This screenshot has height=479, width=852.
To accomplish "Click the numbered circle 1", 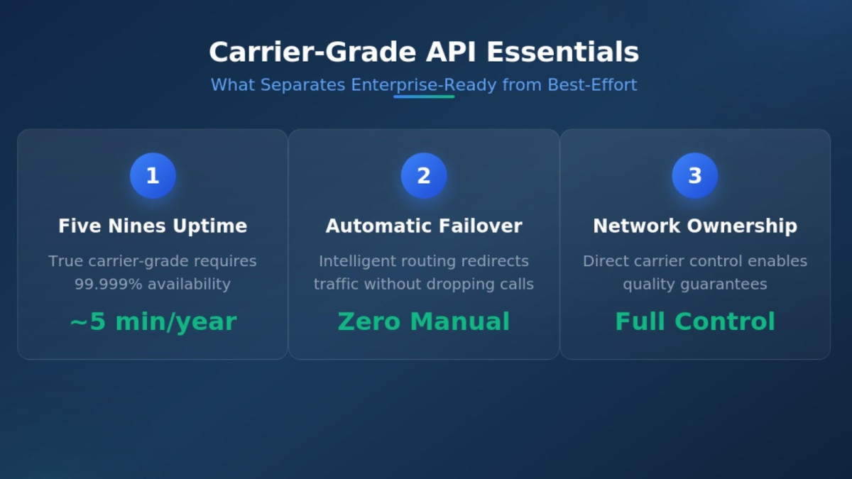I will [153, 176].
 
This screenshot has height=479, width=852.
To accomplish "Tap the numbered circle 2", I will [424, 176].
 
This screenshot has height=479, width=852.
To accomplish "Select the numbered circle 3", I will [695, 176].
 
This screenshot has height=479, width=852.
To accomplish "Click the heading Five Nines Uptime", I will [153, 226].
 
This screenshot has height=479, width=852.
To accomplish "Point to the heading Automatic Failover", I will [424, 226].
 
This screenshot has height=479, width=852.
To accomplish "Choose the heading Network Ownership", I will [695, 226].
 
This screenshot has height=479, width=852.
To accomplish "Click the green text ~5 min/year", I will [153, 321].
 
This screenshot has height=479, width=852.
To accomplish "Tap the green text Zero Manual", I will [424, 321].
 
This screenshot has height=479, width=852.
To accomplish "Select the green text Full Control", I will [695, 321].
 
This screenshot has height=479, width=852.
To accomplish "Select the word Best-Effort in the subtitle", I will [592, 85].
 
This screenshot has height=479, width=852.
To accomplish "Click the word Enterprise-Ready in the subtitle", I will [424, 85].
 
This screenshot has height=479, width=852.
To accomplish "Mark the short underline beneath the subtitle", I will [424, 97].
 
